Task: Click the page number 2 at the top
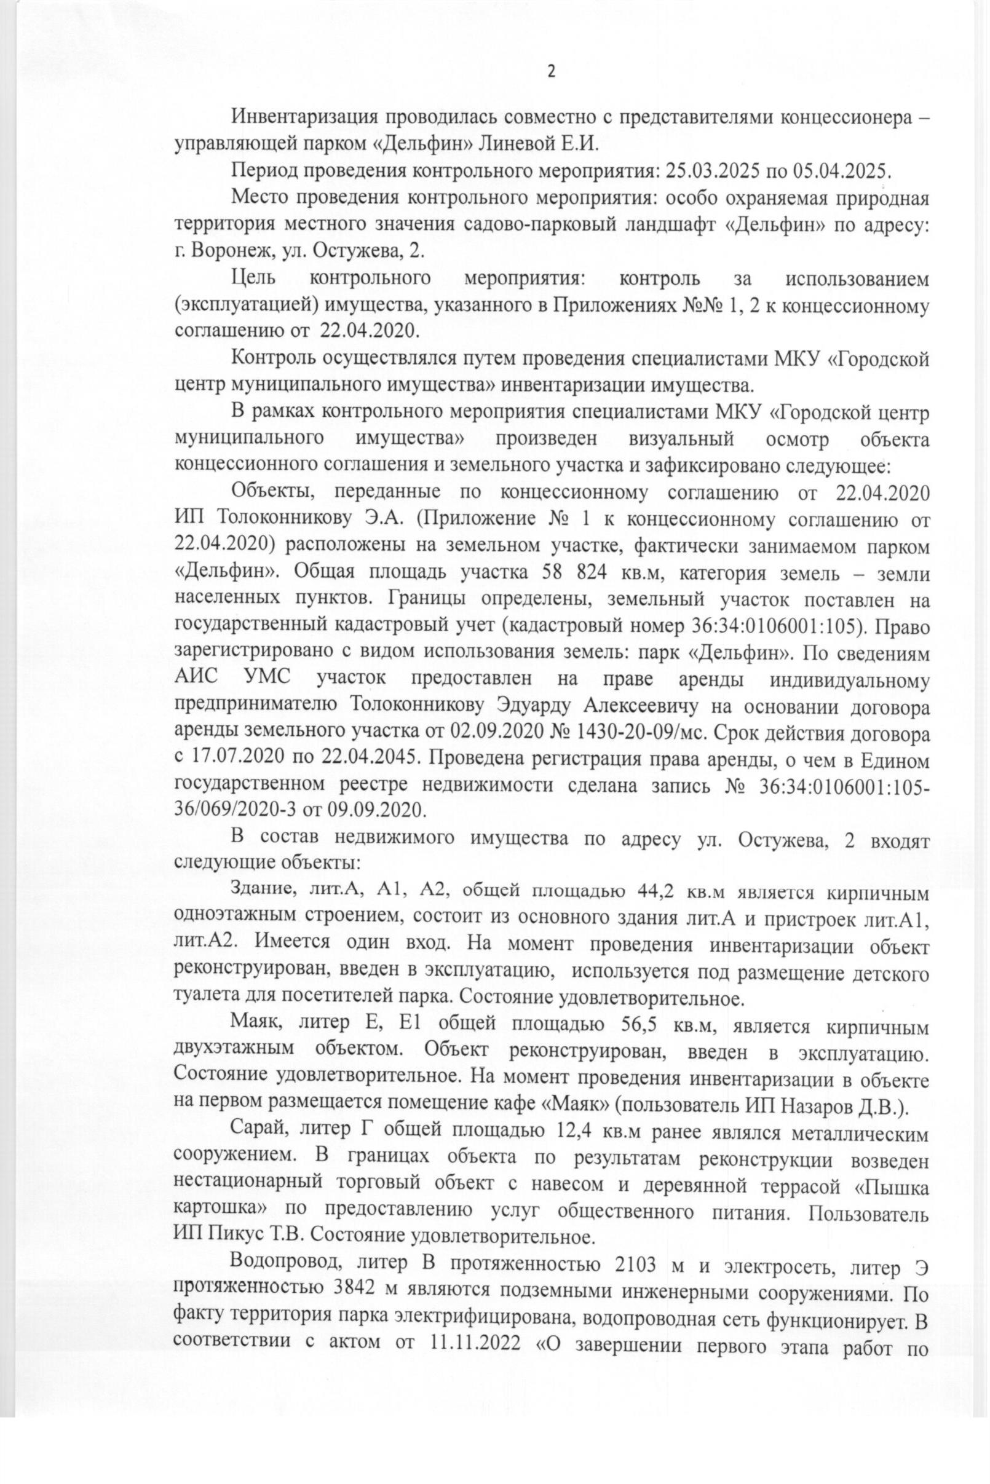pyautogui.click(x=550, y=72)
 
